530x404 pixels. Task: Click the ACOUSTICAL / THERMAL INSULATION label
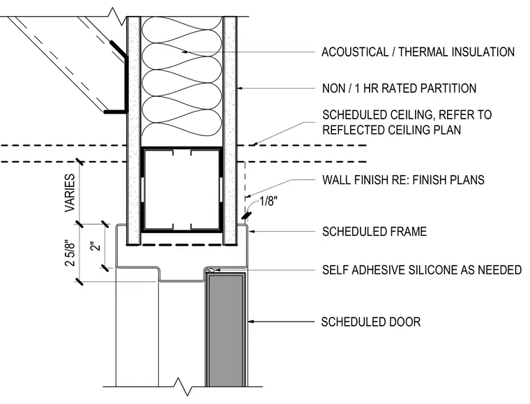point(418,52)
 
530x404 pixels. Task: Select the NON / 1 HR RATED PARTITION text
point(399,88)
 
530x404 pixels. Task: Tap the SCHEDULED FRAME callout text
point(374,232)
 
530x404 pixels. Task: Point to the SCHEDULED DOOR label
point(371,322)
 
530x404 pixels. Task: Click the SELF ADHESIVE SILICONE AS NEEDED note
point(422,270)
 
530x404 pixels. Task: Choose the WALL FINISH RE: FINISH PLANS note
point(403,179)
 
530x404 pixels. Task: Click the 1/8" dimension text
point(268,202)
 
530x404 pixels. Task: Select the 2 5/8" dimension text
point(70,253)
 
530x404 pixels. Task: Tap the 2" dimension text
point(96,246)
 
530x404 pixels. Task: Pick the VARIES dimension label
point(70,193)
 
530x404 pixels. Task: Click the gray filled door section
point(226,330)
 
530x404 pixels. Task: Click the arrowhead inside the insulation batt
point(185,52)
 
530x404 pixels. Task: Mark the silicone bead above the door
point(210,270)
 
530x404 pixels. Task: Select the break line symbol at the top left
point(116,17)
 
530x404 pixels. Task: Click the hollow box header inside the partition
point(182,190)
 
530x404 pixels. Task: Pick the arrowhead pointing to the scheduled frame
point(252,232)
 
